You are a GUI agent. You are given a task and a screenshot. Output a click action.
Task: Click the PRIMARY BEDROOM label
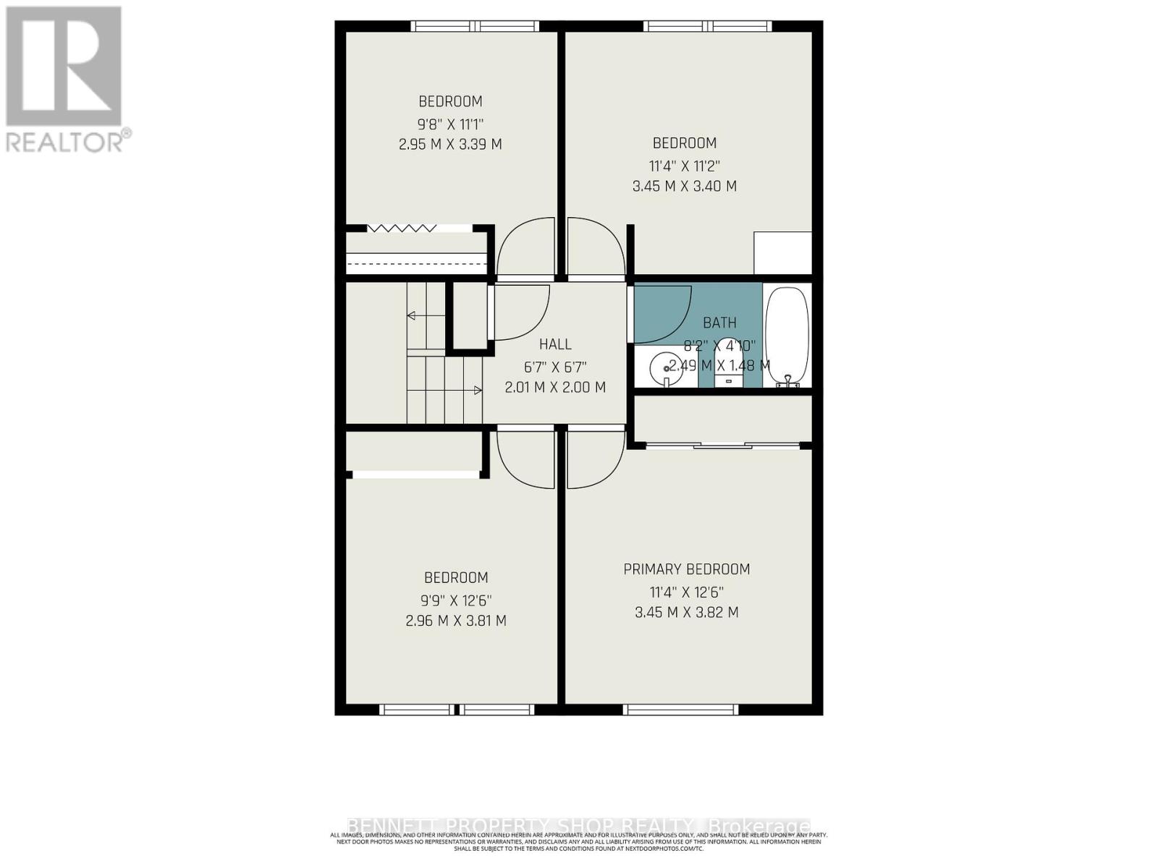[x=686, y=569]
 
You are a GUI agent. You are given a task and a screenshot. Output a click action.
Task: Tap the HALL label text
[x=555, y=344]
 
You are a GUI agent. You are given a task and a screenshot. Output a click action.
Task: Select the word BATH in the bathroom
[x=719, y=323]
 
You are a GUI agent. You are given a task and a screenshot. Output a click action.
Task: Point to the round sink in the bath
[x=663, y=368]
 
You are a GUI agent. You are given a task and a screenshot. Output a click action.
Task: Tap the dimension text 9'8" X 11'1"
[x=450, y=123]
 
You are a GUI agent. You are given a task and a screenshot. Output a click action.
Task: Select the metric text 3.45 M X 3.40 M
[x=684, y=186]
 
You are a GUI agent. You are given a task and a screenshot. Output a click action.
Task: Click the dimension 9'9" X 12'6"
[x=456, y=600]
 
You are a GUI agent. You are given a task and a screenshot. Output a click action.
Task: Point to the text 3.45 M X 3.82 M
[x=686, y=612]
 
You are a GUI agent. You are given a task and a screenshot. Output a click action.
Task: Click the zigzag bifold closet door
[x=402, y=228]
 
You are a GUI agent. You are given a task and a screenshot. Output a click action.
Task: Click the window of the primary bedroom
[x=680, y=709]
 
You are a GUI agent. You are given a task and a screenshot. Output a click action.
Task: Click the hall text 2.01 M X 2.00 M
[x=555, y=387]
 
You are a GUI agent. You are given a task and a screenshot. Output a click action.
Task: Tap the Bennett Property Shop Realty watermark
[x=579, y=826]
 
